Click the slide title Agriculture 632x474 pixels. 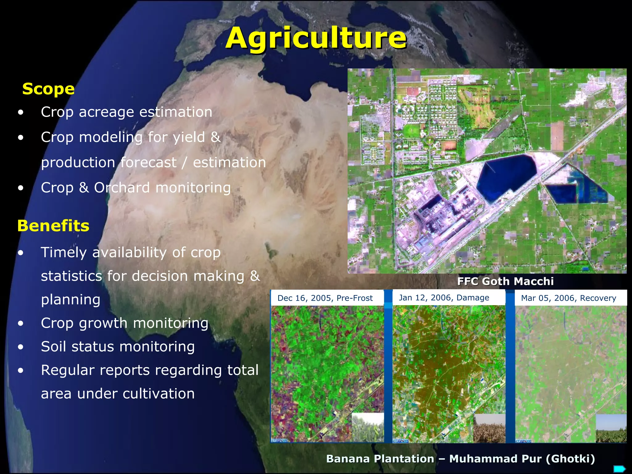click(316, 38)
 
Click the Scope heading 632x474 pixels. click(48, 89)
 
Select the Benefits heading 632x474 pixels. click(53, 226)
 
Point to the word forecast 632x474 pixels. click(148, 163)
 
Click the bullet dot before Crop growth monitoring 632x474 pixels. click(21, 323)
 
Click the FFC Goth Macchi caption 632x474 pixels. click(505, 281)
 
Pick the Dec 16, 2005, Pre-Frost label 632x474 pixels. click(325, 298)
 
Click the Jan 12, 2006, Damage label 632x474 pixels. click(444, 298)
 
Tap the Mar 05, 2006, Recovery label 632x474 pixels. click(568, 298)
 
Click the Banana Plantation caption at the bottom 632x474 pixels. click(460, 459)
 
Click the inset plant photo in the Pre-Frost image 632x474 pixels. click(368, 428)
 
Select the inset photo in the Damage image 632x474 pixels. click(489, 428)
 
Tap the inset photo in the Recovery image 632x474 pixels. click(611, 428)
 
